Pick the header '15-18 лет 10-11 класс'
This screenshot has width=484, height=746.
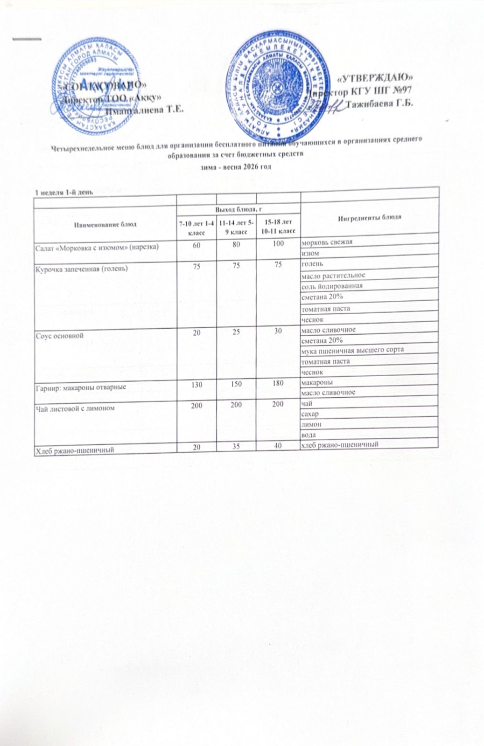point(278,226)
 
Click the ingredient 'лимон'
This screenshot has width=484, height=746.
point(311,425)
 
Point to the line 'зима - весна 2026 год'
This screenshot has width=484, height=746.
point(236,166)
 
